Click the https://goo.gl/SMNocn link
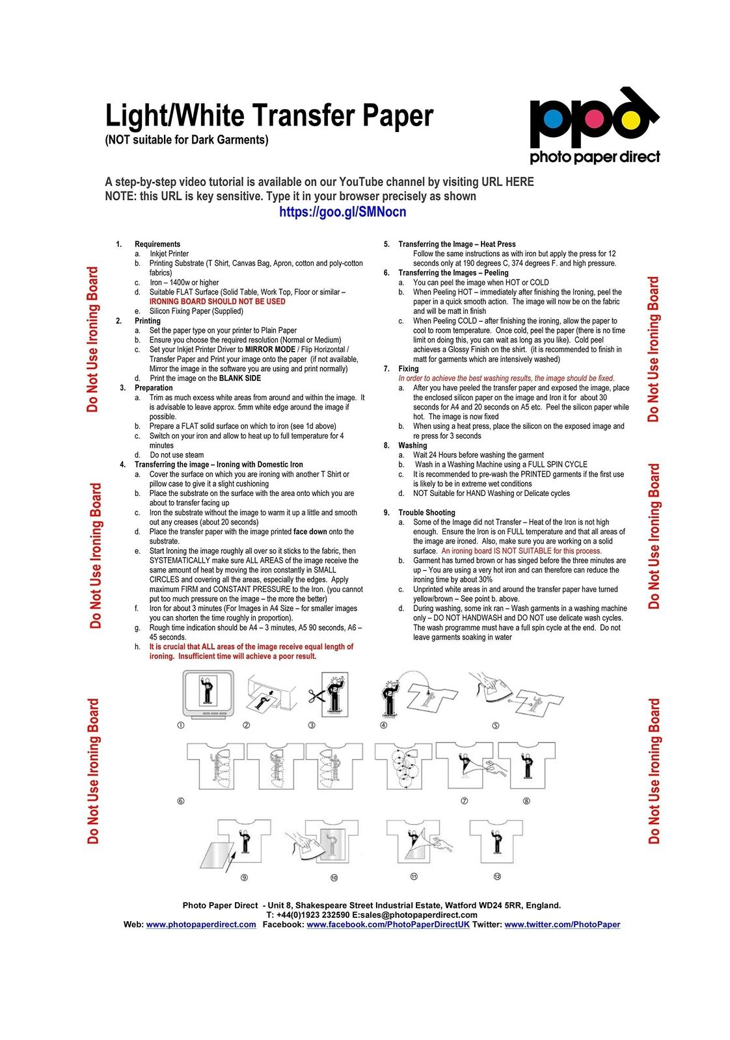342,212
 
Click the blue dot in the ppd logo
552,119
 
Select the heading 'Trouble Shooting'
426,512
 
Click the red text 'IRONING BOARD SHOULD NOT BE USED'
217,302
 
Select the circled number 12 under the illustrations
497,876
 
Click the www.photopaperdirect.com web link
201,924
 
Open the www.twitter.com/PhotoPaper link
562,924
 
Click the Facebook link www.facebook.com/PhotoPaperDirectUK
388,924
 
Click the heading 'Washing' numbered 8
412,445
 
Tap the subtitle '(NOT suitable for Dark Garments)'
187,140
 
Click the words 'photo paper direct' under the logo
594,157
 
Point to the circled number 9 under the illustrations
244,877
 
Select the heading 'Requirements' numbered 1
157,244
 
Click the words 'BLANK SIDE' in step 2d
240,378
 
